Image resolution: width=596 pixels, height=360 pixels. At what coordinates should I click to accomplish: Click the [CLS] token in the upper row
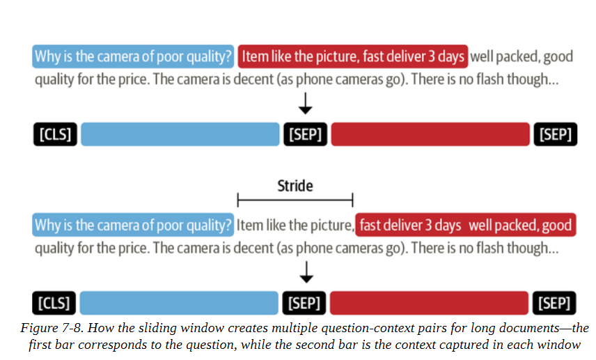click(55, 134)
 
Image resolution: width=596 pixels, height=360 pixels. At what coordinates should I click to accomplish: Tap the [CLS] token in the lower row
click(54, 303)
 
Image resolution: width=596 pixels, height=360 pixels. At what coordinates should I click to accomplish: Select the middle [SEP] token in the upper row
click(305, 134)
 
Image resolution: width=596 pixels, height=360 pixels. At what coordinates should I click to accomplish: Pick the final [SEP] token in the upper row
click(556, 134)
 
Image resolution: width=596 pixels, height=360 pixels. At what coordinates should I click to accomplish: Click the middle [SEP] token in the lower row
click(304, 303)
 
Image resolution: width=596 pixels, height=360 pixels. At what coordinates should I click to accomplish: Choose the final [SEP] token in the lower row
click(554, 303)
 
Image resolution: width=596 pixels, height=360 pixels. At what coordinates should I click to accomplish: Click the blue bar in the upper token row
click(180, 134)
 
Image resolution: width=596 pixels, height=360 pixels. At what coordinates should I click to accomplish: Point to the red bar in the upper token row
click(430, 134)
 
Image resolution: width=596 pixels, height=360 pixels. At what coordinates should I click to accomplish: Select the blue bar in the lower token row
click(179, 303)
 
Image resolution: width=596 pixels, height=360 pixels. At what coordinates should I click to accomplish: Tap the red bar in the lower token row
click(429, 303)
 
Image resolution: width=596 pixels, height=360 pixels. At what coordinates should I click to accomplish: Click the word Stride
click(295, 186)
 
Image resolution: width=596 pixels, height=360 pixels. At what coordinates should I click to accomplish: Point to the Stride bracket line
click(295, 200)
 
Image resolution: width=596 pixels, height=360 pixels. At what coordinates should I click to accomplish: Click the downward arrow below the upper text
click(305, 103)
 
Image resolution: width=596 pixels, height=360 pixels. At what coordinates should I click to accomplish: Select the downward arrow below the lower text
click(306, 272)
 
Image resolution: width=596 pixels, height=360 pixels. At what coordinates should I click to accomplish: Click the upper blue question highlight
click(133, 56)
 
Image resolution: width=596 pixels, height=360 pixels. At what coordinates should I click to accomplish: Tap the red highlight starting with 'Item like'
click(353, 56)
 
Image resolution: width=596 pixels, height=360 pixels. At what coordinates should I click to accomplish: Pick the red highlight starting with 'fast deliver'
click(466, 225)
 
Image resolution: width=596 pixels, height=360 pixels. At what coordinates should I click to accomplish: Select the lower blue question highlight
click(133, 225)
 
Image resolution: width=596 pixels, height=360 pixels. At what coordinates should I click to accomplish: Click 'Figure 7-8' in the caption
click(52, 328)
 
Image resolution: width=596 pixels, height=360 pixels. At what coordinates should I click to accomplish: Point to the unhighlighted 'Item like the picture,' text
click(295, 225)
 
